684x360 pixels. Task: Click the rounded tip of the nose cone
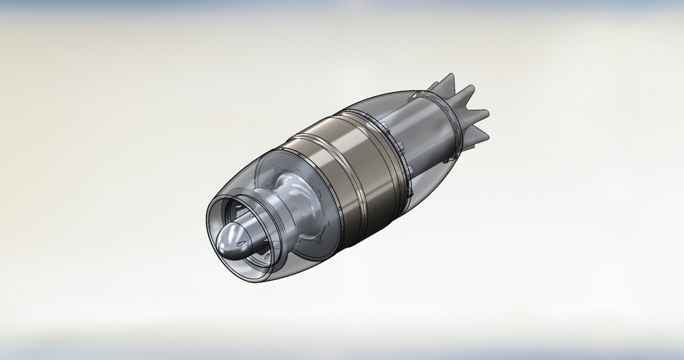click(225, 242)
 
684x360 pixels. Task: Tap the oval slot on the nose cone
click(247, 246)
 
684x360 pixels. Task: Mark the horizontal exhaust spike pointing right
click(480, 113)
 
